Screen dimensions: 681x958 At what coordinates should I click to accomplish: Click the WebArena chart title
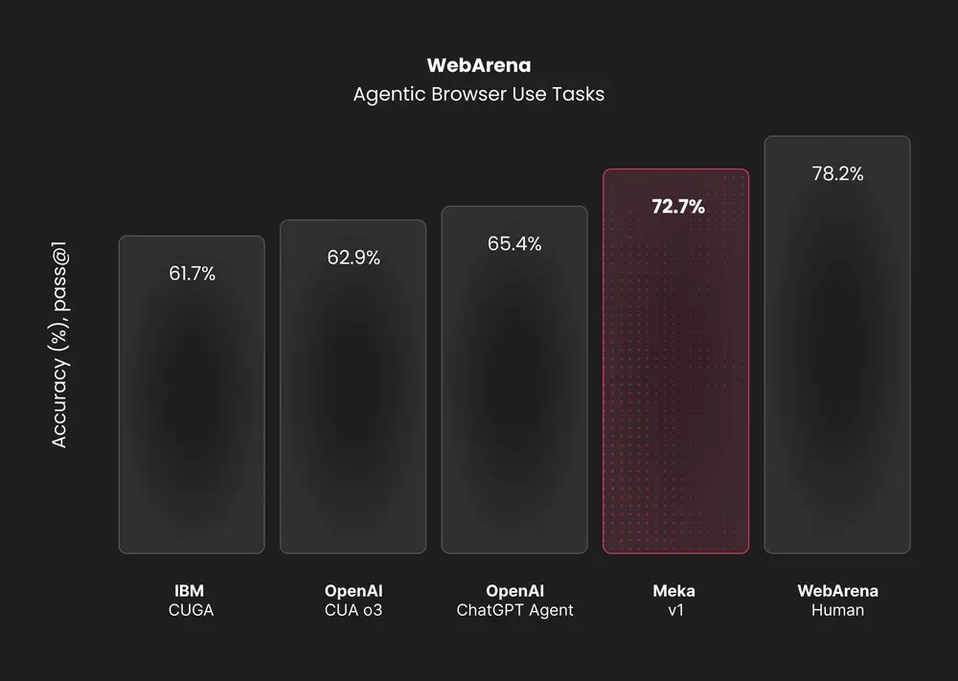point(478,66)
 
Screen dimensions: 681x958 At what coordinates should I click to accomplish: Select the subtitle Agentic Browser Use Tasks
point(478,95)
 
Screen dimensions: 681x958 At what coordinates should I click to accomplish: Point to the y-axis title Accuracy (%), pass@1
point(59,346)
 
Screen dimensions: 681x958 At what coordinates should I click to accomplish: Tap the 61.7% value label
point(192,274)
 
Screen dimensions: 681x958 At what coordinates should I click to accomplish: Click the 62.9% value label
point(353,258)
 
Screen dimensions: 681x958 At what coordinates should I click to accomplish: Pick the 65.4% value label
point(514,244)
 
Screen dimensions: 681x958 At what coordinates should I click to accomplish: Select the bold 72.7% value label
point(677,206)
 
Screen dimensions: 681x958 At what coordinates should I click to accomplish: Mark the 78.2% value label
point(837,174)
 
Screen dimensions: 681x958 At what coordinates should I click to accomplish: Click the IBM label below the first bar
point(190,590)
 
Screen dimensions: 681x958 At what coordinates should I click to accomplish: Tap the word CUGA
point(190,610)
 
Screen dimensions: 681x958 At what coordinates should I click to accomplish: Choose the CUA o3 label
point(353,610)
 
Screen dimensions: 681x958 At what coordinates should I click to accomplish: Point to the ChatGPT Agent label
point(514,610)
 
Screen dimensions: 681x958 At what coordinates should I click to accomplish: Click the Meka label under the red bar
point(674,590)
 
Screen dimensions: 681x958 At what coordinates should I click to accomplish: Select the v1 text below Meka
point(674,610)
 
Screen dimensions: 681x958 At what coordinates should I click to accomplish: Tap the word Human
point(837,610)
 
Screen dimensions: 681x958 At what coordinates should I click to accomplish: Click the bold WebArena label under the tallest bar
point(837,590)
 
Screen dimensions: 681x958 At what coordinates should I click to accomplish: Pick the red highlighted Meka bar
point(675,383)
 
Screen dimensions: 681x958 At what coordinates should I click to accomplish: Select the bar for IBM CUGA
point(192,412)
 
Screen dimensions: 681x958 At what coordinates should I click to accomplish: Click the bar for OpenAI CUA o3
point(353,402)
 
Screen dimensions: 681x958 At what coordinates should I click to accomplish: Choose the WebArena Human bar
point(837,364)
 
